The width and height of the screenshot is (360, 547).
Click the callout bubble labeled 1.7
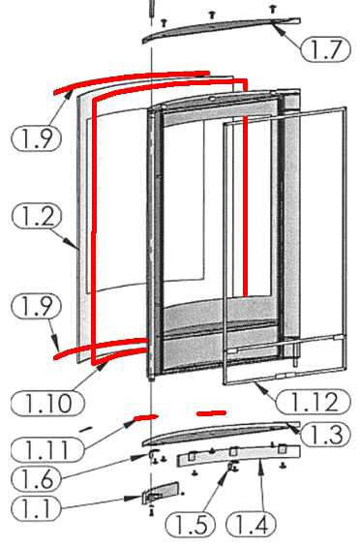point(325,49)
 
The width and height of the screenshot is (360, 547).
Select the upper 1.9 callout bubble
point(37,138)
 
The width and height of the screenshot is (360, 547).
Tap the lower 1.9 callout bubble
point(37,306)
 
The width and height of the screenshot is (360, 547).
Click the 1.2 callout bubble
point(37,216)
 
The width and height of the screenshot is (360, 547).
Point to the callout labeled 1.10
point(47,404)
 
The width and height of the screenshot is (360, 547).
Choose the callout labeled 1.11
point(47,449)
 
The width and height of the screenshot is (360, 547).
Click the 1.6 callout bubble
point(36,479)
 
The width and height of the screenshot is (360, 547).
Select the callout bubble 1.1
point(36,508)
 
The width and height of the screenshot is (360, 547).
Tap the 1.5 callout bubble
point(190,525)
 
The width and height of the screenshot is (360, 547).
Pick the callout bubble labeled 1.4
point(251,525)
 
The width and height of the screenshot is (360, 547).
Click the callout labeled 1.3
point(325,435)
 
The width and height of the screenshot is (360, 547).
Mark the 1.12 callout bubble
point(313,402)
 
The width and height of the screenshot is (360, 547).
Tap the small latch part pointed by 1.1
point(161,493)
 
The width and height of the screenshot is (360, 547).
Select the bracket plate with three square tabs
point(239,455)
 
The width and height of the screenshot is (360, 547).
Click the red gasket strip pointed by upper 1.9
point(132,81)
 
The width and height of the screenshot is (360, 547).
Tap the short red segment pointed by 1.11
point(145,417)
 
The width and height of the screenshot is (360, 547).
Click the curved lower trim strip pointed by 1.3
point(222,433)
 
